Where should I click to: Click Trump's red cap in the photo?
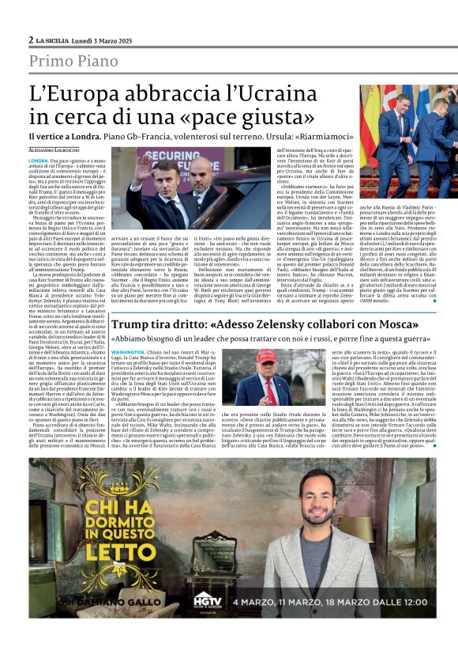[266, 358]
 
